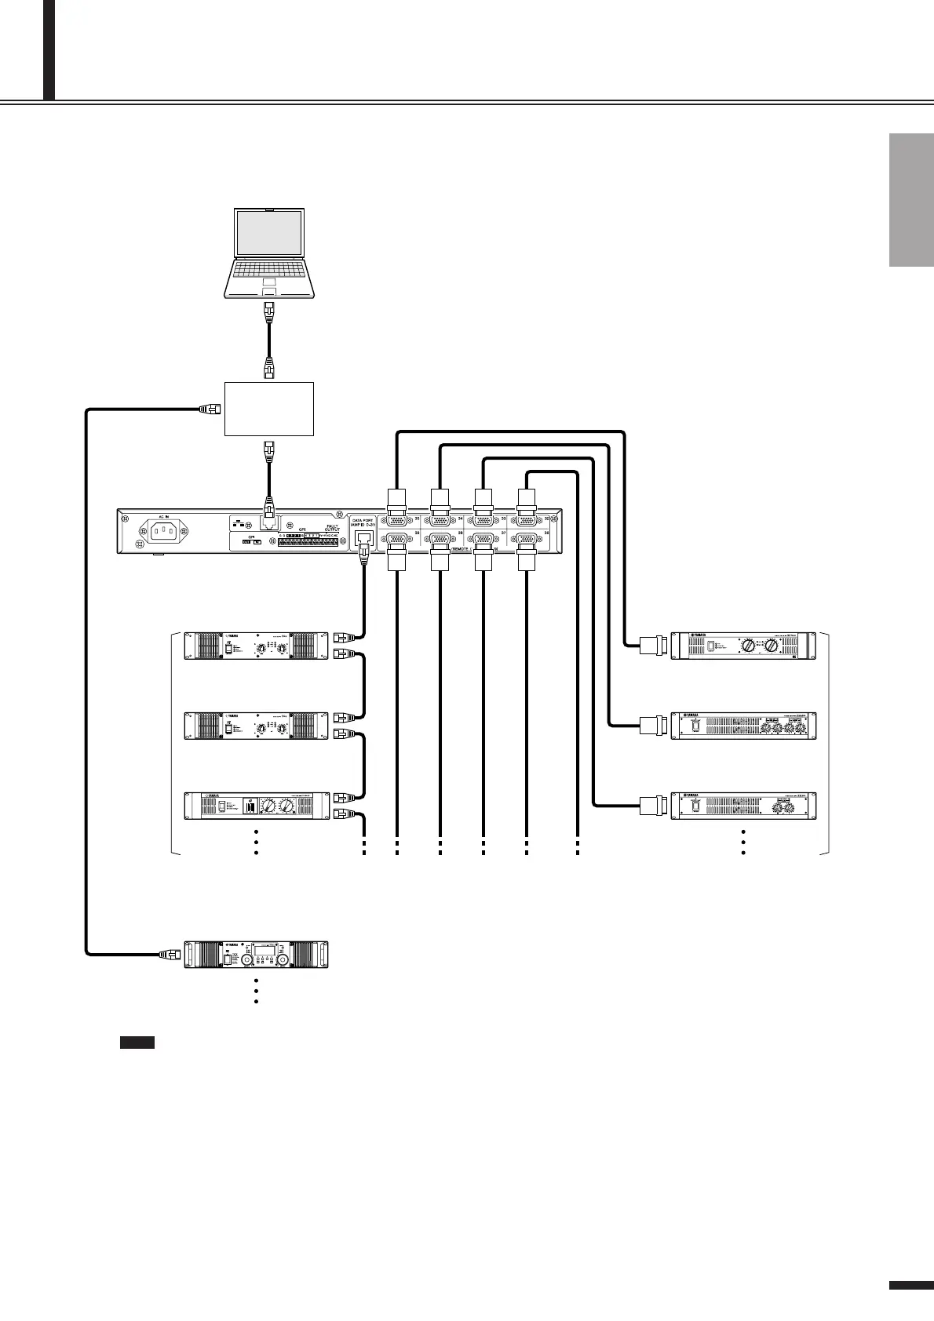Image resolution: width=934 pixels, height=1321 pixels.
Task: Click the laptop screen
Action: pyautogui.click(x=269, y=233)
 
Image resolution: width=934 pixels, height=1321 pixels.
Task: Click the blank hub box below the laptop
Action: pyautogui.click(x=269, y=409)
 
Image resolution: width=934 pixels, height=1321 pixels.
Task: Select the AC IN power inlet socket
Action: pyautogui.click(x=163, y=533)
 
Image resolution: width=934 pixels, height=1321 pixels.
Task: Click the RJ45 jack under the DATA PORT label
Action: pyautogui.click(x=363, y=539)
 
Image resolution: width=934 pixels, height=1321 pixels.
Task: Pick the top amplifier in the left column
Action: pyautogui.click(x=257, y=645)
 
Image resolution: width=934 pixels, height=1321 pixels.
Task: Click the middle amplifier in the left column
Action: pyautogui.click(x=257, y=725)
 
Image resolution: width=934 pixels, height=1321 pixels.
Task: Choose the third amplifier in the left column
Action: pyautogui.click(x=257, y=806)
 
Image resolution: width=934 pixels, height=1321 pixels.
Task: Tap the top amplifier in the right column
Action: pyautogui.click(x=743, y=645)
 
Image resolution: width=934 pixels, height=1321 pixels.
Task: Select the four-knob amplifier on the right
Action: pyautogui.click(x=743, y=725)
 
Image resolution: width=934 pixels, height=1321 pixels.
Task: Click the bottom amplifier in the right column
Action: pyautogui.click(x=743, y=806)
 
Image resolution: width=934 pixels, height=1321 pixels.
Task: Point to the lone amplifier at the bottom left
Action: pyautogui.click(x=257, y=955)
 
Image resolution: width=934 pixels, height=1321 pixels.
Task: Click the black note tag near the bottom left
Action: pyautogui.click(x=137, y=1043)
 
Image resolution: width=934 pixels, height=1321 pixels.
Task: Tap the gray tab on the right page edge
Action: pyautogui.click(x=911, y=201)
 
